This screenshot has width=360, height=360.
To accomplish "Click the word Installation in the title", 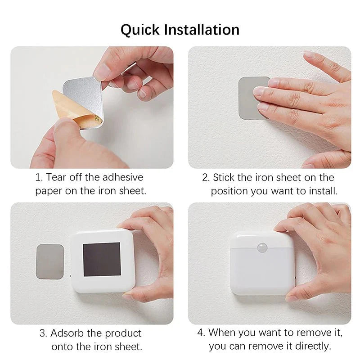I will click(x=201, y=30).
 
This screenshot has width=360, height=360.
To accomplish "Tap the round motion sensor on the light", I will click(x=262, y=247).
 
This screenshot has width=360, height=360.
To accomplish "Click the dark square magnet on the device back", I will click(x=102, y=259).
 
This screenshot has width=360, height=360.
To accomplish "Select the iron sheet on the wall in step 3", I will click(x=49, y=261).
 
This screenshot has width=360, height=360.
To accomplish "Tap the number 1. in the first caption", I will click(x=38, y=177).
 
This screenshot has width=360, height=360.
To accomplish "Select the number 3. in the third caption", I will click(x=43, y=333).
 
